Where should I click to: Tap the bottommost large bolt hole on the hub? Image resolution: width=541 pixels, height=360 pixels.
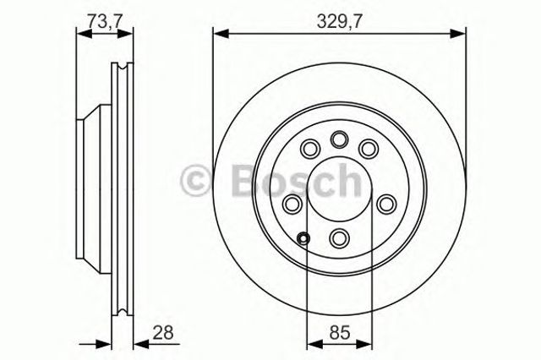(339, 237)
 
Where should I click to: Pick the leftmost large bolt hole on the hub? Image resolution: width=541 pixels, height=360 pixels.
(292, 204)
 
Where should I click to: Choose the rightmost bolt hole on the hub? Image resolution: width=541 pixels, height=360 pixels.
(386, 204)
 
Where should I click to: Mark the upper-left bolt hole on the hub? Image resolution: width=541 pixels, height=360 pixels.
(309, 149)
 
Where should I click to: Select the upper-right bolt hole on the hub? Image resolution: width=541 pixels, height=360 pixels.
(369, 149)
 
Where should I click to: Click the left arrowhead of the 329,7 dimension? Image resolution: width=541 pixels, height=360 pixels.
(219, 33)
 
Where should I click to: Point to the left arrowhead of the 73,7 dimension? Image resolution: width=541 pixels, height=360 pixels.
(81, 33)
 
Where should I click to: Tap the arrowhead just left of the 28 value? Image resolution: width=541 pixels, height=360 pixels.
(139, 344)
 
